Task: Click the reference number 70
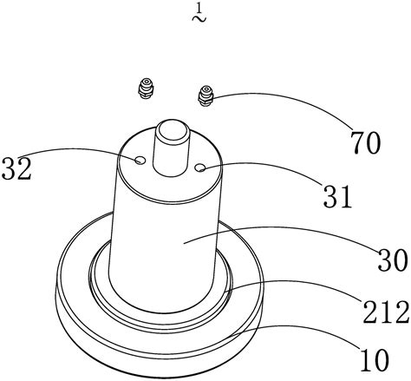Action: tap(365, 142)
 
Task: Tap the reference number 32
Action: tap(16, 168)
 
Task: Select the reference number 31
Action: tap(338, 196)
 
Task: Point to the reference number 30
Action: tap(393, 260)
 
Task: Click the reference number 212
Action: tap(387, 312)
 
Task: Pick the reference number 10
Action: tap(375, 359)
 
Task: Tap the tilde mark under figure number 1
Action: tap(199, 18)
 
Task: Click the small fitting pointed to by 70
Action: tap(205, 95)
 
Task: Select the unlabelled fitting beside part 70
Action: tap(146, 89)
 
